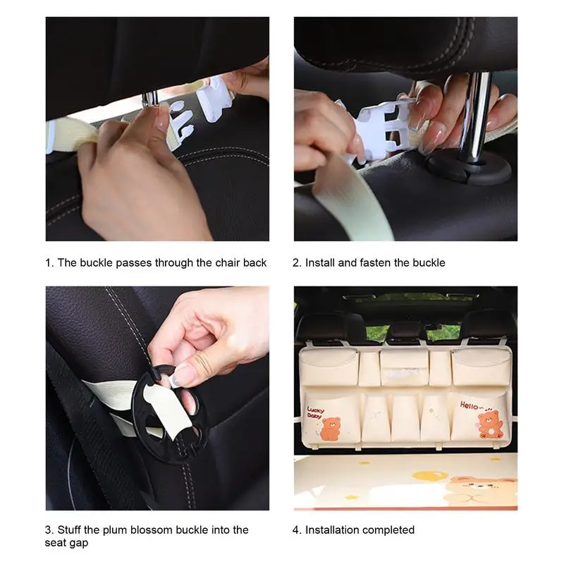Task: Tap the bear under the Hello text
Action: click(x=490, y=425)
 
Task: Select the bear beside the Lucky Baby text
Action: click(x=330, y=429)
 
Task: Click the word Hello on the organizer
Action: click(x=469, y=405)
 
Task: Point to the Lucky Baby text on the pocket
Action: click(x=315, y=412)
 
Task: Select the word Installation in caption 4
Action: click(x=331, y=530)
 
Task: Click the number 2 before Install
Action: click(x=296, y=263)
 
